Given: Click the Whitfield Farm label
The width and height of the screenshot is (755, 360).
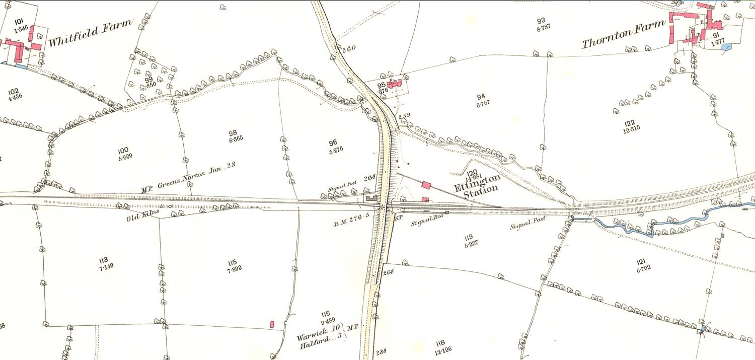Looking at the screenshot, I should point(91,33).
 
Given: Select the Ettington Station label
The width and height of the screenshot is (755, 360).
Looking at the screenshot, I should point(476,185).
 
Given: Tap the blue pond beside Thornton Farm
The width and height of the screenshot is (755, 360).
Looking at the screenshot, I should point(726,47).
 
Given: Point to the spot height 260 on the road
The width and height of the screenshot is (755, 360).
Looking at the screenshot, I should point(348,49).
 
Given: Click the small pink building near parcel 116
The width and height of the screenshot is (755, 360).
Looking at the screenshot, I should point(272,324).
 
